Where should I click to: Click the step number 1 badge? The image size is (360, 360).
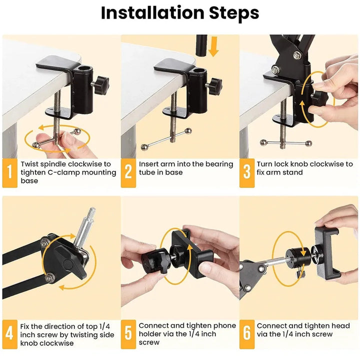(x=9, y=172)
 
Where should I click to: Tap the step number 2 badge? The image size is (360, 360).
(x=128, y=172)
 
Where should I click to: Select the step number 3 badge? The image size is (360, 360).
(x=246, y=172)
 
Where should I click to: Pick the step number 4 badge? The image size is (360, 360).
(x=9, y=334)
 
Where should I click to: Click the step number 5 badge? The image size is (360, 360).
(x=128, y=334)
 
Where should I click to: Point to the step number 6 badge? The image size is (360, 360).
(x=246, y=334)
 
